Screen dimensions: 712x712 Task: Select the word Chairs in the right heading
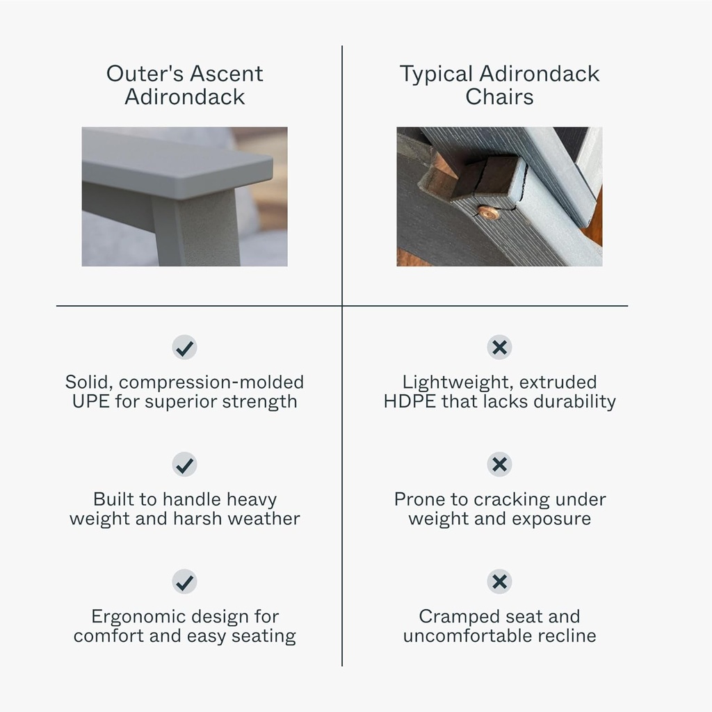pos(499,97)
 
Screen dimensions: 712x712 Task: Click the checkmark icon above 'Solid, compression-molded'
pos(184,348)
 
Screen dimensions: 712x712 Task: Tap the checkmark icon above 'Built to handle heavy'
pos(184,464)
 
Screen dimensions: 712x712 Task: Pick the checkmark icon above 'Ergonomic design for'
pos(184,582)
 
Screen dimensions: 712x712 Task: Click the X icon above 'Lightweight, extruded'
pos(499,348)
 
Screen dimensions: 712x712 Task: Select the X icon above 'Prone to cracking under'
pos(499,464)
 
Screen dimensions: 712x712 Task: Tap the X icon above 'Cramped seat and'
pos(499,582)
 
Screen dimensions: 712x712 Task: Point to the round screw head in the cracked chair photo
pos(488,212)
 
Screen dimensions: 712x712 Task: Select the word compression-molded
pos(211,383)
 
